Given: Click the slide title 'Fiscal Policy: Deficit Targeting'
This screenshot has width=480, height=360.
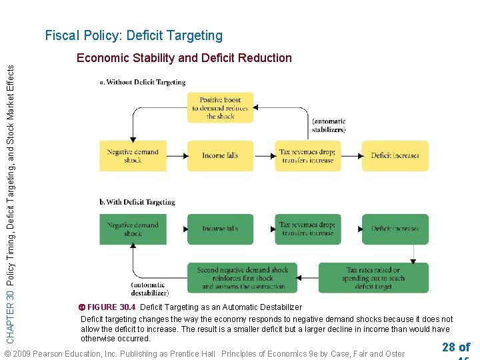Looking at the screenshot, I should point(133,36).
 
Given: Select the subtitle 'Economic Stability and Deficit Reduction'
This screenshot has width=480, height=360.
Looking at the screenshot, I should point(184,58).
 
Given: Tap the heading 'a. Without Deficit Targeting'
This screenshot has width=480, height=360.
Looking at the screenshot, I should point(143,82).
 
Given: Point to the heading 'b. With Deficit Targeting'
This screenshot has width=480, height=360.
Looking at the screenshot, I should point(137,202).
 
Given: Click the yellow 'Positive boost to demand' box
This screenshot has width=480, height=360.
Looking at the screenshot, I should point(220,108).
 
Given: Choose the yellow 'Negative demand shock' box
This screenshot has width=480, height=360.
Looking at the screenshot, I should point(133,156).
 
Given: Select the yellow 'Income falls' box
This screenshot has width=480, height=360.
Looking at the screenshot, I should point(220,156).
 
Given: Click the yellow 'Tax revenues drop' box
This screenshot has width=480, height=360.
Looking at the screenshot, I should point(307,156).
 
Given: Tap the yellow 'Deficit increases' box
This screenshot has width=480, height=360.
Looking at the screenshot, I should point(395,156).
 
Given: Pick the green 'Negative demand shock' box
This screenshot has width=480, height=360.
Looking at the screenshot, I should point(133,229).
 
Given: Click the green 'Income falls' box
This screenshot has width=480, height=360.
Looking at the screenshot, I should point(220,229).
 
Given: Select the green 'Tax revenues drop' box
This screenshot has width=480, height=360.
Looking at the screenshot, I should point(307,229).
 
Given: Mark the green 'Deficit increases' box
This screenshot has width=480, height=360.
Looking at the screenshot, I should point(395,229).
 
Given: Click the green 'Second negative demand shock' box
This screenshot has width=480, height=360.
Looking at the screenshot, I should point(243,278).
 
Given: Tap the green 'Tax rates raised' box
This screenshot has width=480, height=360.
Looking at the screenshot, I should point(373,278).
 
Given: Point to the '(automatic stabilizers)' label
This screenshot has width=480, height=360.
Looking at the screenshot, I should point(329,125).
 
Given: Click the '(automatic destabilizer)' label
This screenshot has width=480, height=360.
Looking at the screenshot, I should point(149,289).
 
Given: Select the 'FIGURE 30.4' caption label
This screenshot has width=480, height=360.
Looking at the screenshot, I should point(111,307).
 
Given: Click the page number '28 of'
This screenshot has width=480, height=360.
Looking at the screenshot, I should point(455,347).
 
